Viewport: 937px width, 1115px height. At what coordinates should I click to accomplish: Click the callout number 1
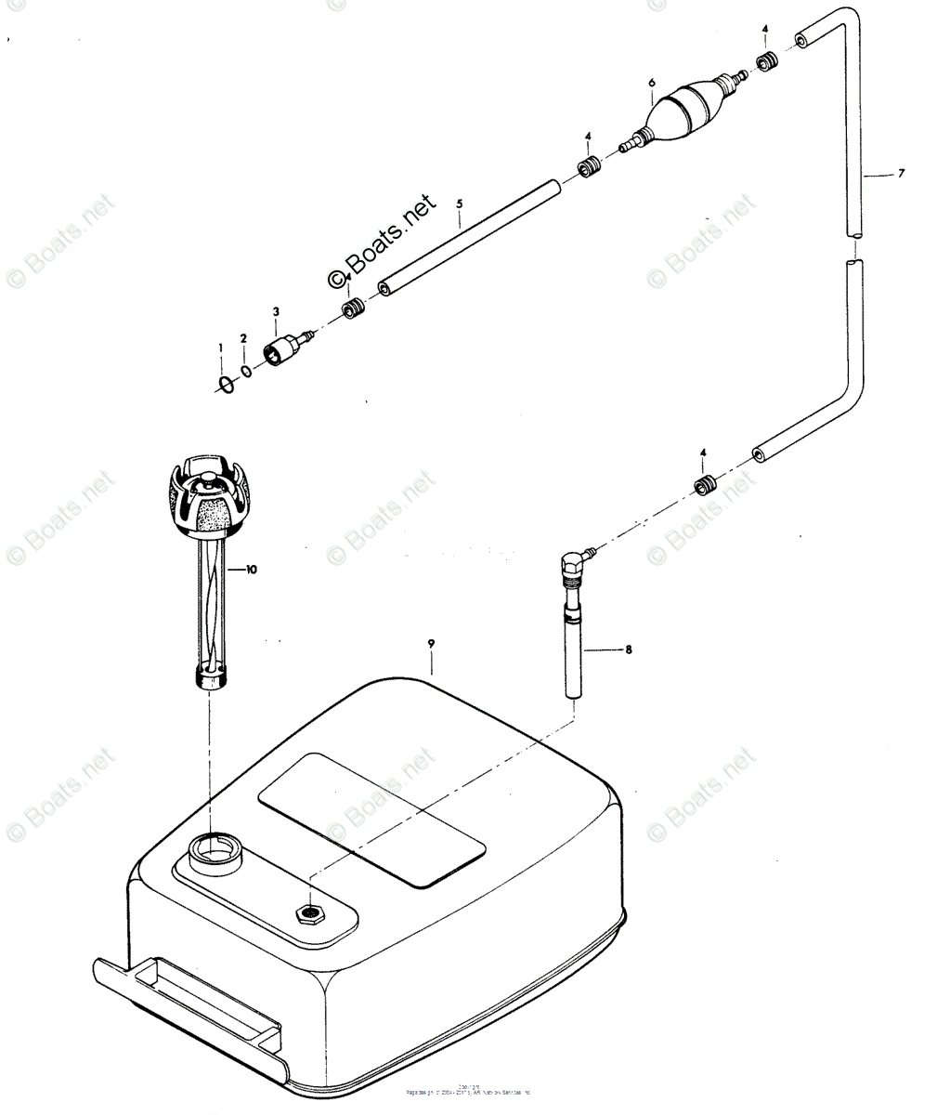click(x=221, y=348)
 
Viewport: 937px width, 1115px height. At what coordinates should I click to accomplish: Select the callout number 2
click(x=243, y=338)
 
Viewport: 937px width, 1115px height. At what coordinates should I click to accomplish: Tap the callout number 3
click(x=276, y=311)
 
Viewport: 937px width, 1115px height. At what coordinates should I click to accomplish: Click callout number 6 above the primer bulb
click(x=652, y=83)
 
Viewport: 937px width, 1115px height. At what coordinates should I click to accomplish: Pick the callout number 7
click(x=901, y=173)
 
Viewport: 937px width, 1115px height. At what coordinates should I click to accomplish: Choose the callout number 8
click(x=629, y=649)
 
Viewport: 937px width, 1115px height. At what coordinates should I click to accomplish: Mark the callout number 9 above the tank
click(x=431, y=643)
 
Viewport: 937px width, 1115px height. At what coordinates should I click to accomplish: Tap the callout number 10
click(x=250, y=569)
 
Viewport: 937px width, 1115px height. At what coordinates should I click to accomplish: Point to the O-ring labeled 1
click(x=224, y=384)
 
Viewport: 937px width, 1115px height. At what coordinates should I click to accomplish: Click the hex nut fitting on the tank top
click(x=309, y=912)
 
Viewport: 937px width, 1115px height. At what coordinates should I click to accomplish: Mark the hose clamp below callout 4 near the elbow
click(x=708, y=485)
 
